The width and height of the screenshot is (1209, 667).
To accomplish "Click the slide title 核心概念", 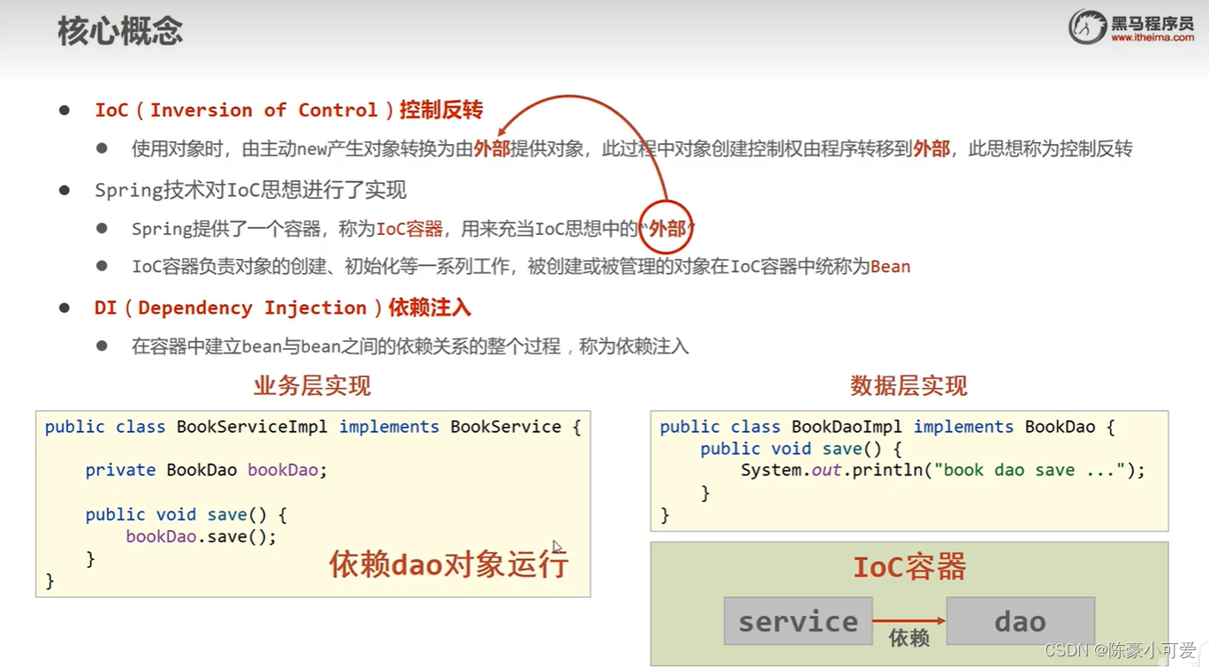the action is point(120,31).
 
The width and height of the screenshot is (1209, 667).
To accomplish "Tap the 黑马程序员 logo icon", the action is point(1087,27).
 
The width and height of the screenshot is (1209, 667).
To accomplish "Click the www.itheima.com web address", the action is point(1152,38).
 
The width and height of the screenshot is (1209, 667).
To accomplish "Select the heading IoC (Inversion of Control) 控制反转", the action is point(289,110).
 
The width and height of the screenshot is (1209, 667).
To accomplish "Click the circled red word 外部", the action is point(666,229).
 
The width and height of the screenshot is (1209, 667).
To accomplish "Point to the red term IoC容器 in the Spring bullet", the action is point(409,230).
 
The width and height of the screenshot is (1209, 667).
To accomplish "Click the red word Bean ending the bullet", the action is point(890,267).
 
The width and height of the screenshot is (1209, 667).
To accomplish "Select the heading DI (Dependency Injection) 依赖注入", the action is point(282,307).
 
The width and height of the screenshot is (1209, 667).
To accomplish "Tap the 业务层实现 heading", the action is point(312,386).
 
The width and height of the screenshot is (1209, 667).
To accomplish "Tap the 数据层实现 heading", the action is point(909,386).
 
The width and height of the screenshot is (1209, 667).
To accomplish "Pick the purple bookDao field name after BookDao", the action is point(283,470).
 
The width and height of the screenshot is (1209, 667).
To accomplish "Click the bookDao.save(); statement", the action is point(201,536).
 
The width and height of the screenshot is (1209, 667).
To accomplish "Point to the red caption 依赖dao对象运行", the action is point(448,564).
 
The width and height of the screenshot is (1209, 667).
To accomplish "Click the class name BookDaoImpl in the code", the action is point(847,427).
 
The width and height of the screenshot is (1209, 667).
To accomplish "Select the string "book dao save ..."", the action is point(1031,470).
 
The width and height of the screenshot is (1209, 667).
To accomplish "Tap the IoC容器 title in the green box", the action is point(909,567).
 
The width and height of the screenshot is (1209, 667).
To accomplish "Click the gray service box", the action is point(798,621).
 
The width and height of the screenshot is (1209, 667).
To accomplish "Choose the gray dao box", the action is point(1020,621).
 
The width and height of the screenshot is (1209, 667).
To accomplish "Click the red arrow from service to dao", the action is point(909,621).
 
